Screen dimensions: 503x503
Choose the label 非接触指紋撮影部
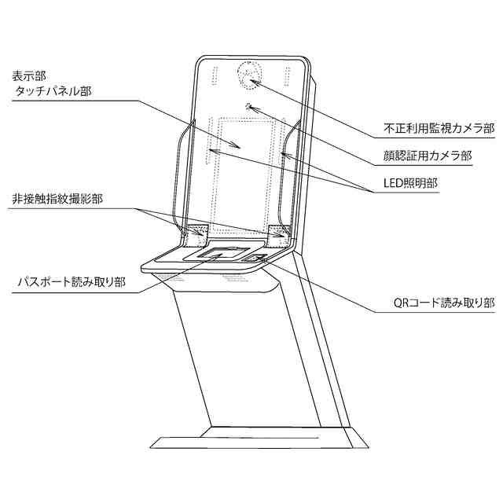pos(57,200)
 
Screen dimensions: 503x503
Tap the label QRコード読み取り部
pos(444,302)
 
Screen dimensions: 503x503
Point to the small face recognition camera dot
pos(249,106)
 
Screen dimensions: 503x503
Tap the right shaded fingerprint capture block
pos(277,232)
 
